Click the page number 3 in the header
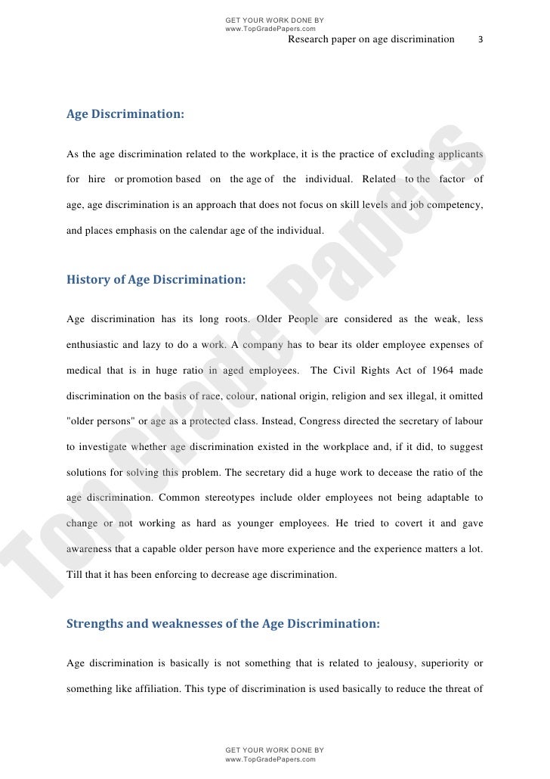(481, 39)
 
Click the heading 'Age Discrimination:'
(125, 115)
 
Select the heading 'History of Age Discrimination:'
(156, 279)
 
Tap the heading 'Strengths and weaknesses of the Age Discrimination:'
(224, 625)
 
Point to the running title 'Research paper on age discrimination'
(372, 39)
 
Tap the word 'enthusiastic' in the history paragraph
(91, 345)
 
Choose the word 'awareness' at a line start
(88, 549)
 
